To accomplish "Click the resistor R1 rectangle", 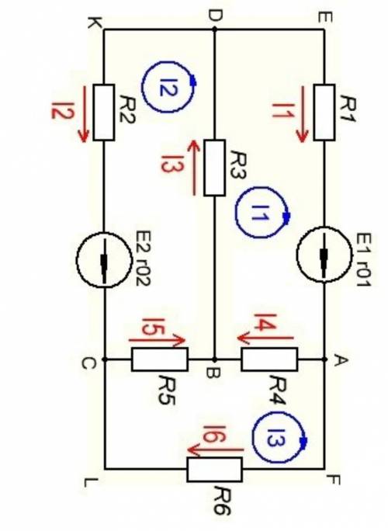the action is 324,113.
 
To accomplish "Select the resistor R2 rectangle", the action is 104,113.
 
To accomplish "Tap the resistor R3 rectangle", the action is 215,168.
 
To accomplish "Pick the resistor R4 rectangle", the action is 269,359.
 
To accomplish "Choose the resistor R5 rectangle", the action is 159,359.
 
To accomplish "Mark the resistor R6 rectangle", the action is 215,470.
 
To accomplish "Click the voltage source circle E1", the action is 324,255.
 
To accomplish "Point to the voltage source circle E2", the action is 104,260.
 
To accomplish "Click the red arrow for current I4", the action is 265,338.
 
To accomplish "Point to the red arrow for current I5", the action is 157,340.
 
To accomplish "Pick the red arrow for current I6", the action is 215,450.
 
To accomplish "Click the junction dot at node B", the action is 214,359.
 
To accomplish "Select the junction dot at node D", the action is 214,29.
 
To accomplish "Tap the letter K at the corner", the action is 92,23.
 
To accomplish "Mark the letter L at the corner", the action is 92,483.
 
